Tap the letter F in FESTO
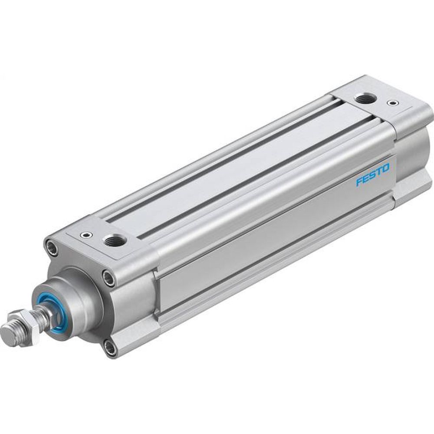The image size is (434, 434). tap(358, 182)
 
